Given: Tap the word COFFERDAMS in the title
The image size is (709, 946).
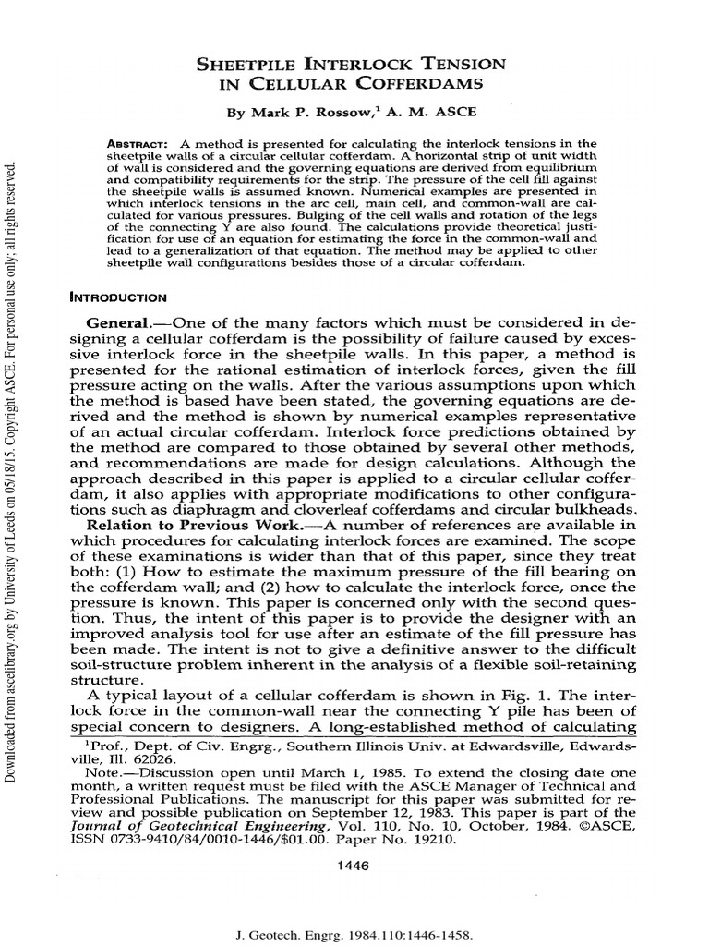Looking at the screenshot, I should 428,84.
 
